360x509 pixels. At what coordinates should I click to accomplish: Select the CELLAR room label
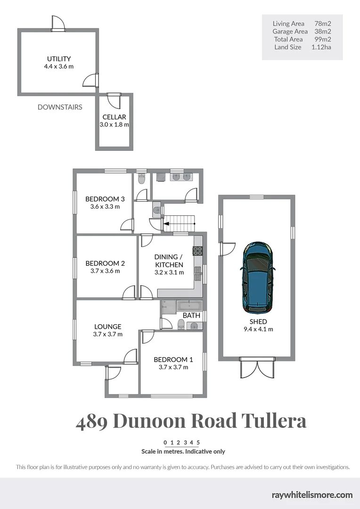click(x=114, y=117)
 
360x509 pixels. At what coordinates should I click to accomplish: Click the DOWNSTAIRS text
click(x=60, y=107)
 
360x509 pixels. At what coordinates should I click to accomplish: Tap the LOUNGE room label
click(x=107, y=327)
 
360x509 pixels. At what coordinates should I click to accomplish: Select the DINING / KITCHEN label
click(x=169, y=261)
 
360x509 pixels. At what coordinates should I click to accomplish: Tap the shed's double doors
click(x=257, y=367)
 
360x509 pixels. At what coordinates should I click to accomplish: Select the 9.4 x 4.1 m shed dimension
click(x=258, y=329)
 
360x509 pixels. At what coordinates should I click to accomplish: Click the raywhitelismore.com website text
click(x=312, y=495)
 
